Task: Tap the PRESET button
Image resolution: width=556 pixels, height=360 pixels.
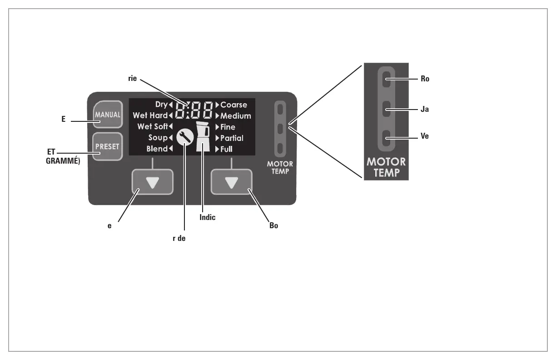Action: (x=107, y=147)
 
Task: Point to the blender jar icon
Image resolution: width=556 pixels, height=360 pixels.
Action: (x=202, y=136)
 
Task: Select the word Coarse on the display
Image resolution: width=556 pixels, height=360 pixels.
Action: (x=233, y=105)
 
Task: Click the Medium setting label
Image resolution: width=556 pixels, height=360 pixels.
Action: (x=235, y=116)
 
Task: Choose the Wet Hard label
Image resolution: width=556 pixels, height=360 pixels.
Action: (x=150, y=116)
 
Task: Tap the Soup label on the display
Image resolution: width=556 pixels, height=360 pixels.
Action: (x=158, y=138)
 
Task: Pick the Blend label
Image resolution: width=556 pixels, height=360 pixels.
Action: (x=157, y=149)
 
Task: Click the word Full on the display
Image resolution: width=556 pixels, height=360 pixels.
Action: (x=226, y=149)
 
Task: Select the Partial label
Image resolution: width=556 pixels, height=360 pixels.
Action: (x=232, y=138)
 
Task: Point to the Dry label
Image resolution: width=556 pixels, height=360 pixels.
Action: (x=161, y=105)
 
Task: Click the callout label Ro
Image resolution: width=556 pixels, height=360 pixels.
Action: (x=425, y=78)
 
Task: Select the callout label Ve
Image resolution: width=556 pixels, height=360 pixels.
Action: (x=425, y=135)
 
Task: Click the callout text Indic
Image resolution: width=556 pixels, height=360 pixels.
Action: (x=207, y=217)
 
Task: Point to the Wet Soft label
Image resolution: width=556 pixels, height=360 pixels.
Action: (x=153, y=127)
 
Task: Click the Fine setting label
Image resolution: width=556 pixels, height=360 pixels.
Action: (x=228, y=127)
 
